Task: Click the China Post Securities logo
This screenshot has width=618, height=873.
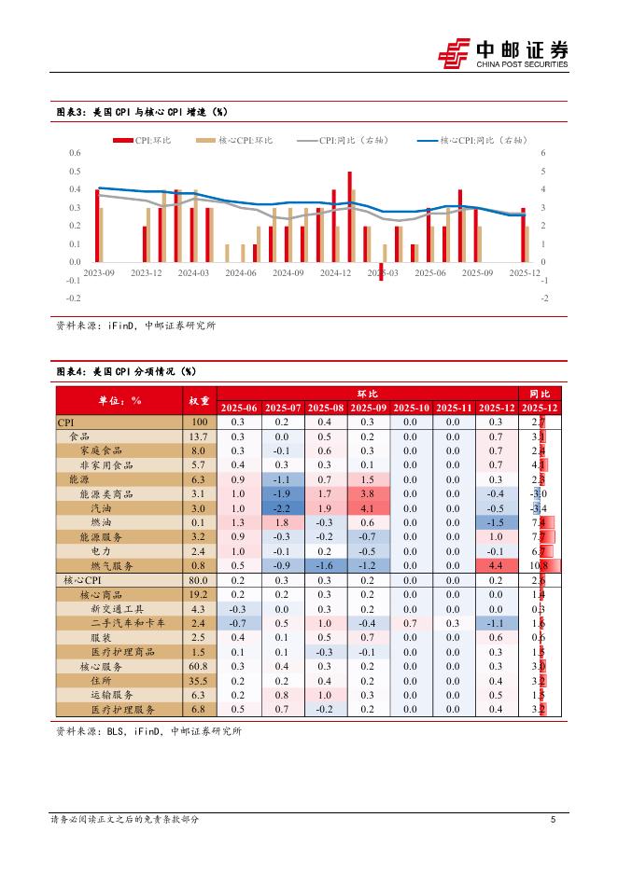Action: coord(503,52)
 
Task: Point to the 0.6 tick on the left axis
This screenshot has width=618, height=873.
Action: coord(75,153)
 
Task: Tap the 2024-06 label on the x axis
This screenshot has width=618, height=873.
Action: coord(240,272)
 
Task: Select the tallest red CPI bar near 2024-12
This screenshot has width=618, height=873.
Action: coord(349,216)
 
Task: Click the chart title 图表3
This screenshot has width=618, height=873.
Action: coord(141,112)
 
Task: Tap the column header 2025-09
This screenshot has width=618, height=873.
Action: coord(367,409)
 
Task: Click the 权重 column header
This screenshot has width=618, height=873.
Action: coord(198,400)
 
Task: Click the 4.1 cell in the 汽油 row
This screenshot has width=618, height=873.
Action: coord(367,508)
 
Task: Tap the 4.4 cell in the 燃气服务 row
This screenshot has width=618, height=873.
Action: coord(496,565)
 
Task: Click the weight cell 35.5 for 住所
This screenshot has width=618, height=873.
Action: coord(198,681)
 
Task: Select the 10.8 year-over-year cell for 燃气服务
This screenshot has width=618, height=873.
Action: coord(539,565)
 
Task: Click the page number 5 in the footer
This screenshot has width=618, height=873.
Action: coord(554,820)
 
